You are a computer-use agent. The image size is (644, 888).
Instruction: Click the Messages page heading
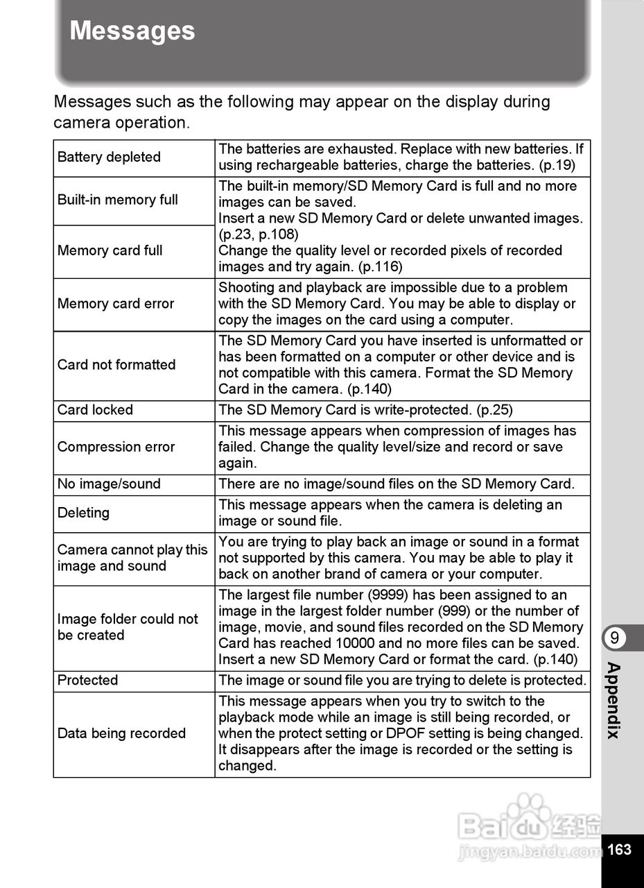click(132, 31)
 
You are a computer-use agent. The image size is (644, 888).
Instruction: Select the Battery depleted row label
click(109, 157)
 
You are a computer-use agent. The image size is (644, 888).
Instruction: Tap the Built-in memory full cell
click(118, 200)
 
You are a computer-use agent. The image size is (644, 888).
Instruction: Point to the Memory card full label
click(110, 250)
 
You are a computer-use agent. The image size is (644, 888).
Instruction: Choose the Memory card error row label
click(116, 304)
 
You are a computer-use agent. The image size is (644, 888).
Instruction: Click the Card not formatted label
click(116, 365)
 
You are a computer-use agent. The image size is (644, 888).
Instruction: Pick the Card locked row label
click(95, 410)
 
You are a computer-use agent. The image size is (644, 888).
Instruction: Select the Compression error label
click(116, 447)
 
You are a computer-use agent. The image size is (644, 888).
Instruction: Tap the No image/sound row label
click(109, 484)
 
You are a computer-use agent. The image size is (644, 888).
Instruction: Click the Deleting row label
click(83, 513)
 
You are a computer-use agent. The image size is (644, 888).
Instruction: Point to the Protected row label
click(88, 681)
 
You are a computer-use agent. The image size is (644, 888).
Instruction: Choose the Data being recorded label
click(121, 733)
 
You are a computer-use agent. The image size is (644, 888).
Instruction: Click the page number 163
click(620, 849)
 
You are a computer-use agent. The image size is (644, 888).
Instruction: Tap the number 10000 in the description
click(358, 643)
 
